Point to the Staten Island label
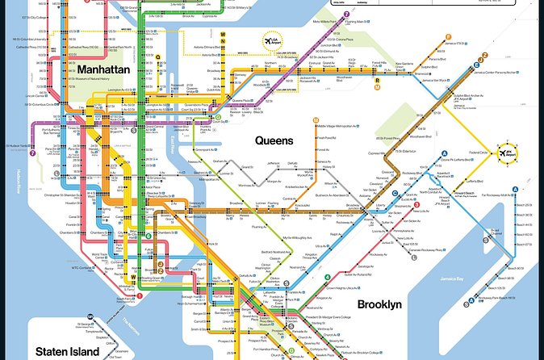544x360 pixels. pyautogui.click(x=67, y=351)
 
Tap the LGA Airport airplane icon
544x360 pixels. pyautogui.click(x=267, y=40)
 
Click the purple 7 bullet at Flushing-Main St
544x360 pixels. pyautogui.click(x=345, y=15)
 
